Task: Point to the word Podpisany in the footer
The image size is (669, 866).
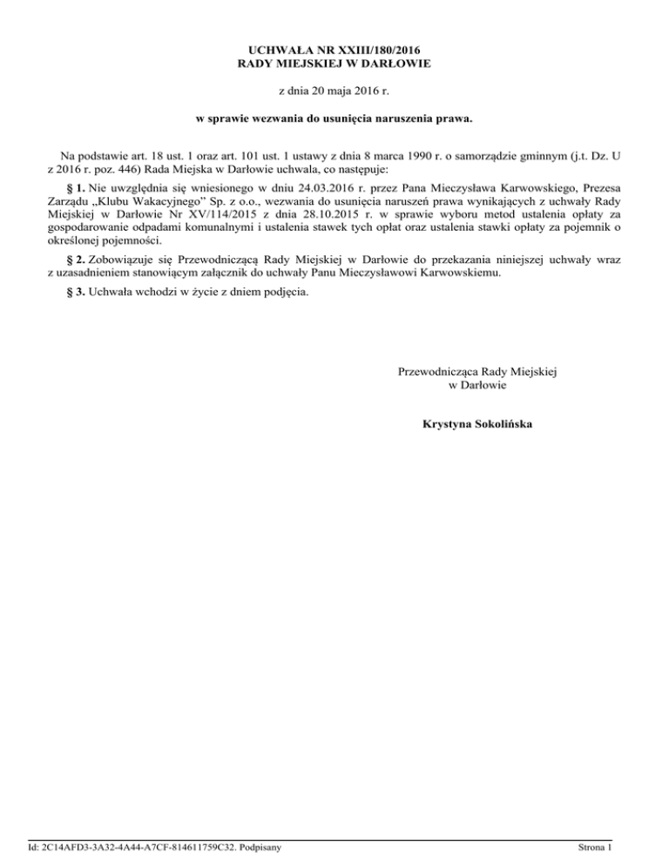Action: (264, 847)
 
